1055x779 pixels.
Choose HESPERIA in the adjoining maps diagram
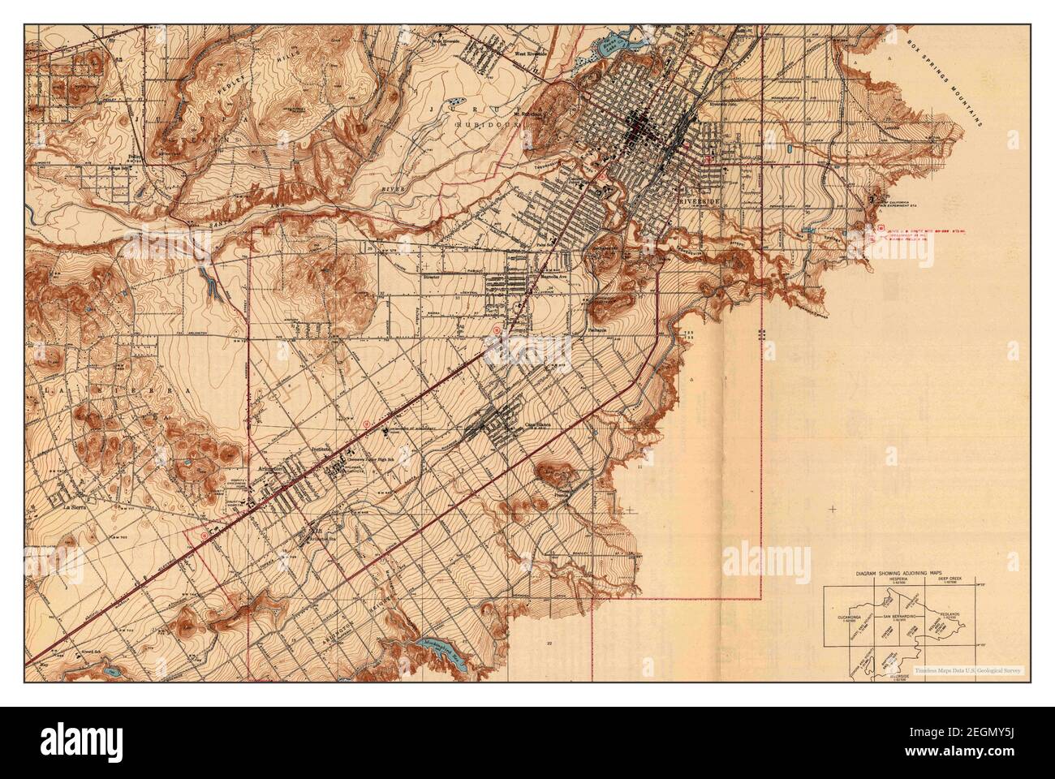pos(894,579)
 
